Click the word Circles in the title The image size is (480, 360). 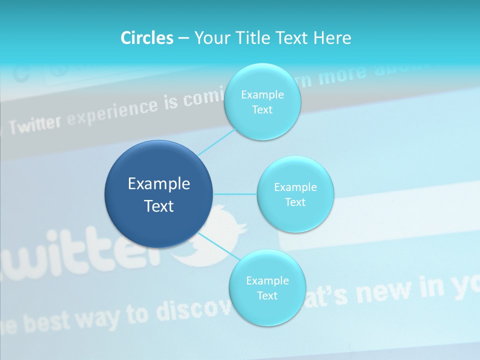click(x=147, y=38)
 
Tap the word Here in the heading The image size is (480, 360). click(x=332, y=38)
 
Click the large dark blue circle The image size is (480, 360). click(x=158, y=165)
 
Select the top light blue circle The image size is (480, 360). click(x=262, y=80)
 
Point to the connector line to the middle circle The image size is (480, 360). click(x=235, y=194)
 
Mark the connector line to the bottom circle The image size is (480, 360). click(x=218, y=245)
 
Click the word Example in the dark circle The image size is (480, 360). click(x=159, y=184)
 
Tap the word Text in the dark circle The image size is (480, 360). click(x=159, y=206)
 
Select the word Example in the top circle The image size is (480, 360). click(x=262, y=95)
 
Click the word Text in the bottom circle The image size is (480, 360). click(x=267, y=295)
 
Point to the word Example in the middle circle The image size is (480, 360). click(x=295, y=187)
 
